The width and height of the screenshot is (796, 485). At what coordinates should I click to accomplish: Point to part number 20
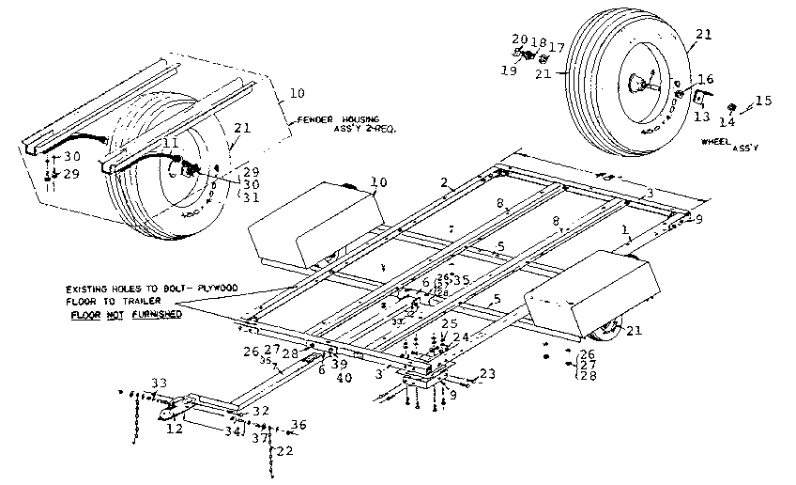pyautogui.click(x=519, y=39)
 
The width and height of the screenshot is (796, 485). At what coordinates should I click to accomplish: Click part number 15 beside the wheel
pyautogui.click(x=764, y=100)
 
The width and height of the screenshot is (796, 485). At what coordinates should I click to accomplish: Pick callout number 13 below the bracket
pyautogui.click(x=701, y=117)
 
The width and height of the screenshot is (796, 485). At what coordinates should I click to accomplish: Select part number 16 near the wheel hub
pyautogui.click(x=705, y=80)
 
